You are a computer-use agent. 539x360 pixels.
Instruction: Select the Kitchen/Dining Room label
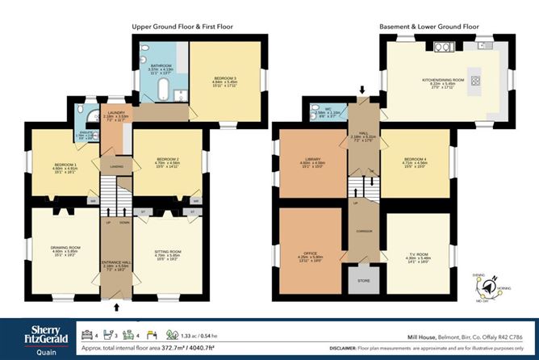coord(435,81)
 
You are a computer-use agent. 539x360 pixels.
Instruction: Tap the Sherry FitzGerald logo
coord(32,334)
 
